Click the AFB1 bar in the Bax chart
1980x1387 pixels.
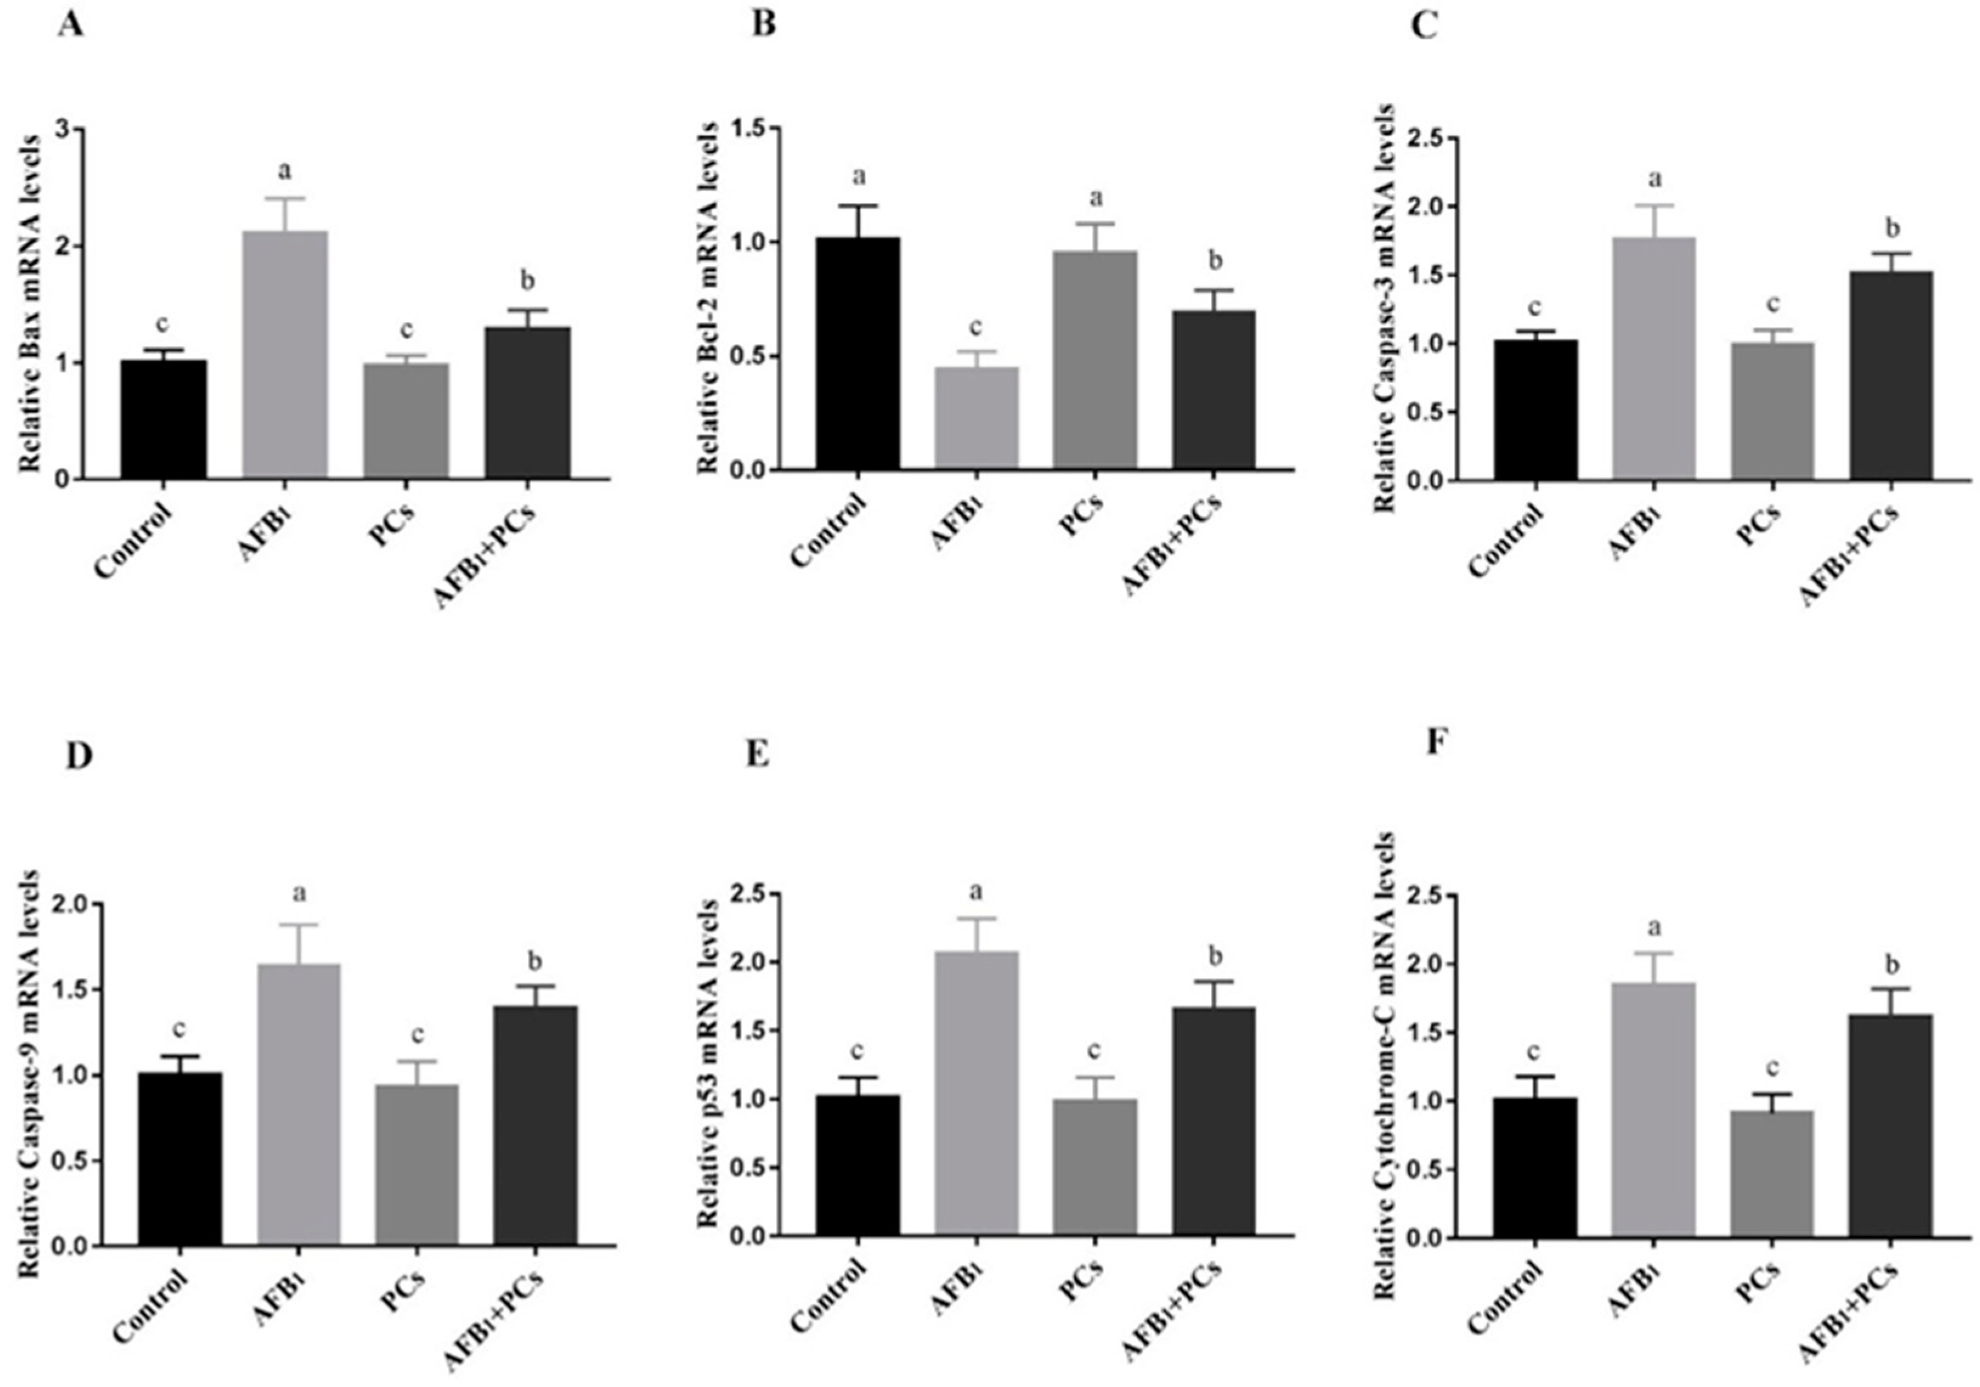coord(285,354)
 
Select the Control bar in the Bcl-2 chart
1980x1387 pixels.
coord(858,354)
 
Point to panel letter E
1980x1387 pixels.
coord(757,754)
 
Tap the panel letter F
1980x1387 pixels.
coord(1435,742)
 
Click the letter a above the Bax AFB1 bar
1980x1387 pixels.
coord(285,170)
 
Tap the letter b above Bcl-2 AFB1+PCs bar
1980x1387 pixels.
coord(1216,259)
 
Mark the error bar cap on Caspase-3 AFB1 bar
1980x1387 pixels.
coord(1654,205)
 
